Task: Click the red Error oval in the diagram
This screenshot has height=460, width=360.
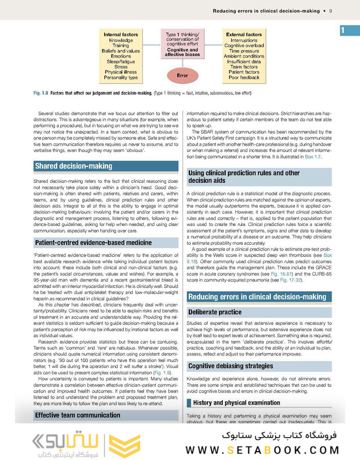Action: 182,75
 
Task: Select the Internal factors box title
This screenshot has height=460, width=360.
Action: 120,34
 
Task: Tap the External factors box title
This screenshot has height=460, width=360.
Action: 244,34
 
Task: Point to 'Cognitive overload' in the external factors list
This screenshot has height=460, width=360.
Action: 244,46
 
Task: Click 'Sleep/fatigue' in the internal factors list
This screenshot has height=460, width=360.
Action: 120,61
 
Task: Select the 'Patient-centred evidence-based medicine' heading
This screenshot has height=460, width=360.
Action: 93,242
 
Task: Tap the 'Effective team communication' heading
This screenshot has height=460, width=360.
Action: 78,415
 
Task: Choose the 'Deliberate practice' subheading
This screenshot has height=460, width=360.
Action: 215,312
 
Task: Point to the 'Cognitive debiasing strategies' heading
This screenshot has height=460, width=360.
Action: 231,366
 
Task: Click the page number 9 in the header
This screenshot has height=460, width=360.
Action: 330,11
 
